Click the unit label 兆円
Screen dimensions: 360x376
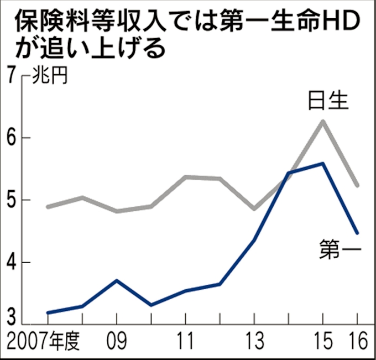pyautogui.click(x=50, y=76)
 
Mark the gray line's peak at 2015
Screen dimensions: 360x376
pyautogui.click(x=322, y=121)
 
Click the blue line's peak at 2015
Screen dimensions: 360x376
pyautogui.click(x=322, y=163)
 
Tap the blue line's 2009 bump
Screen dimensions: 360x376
pyautogui.click(x=117, y=280)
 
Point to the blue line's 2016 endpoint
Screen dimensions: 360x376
pyautogui.click(x=357, y=233)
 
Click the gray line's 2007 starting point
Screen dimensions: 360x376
pyautogui.click(x=48, y=207)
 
